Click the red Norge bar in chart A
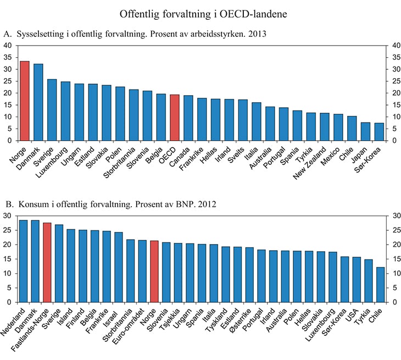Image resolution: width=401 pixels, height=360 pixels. (x=25, y=101)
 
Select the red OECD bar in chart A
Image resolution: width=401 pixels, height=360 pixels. (x=175, y=118)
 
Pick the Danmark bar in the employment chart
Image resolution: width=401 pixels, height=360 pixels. (x=38, y=102)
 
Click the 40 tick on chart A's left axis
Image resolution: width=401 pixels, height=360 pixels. (x=8, y=46)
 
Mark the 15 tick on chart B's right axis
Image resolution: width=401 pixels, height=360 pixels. (x=392, y=274)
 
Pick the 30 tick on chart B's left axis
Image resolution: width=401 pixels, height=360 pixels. (x=8, y=216)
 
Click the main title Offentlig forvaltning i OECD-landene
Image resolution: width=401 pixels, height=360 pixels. (x=200, y=12)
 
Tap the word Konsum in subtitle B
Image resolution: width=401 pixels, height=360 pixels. (x=30, y=204)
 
